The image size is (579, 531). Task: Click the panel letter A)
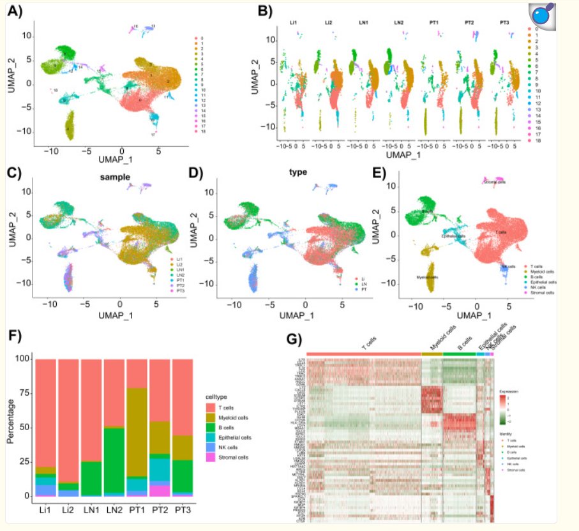pos(15,12)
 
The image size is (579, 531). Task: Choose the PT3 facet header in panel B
pos(505,23)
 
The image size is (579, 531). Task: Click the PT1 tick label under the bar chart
pos(137,510)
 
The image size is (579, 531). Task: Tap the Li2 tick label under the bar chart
pos(69,510)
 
